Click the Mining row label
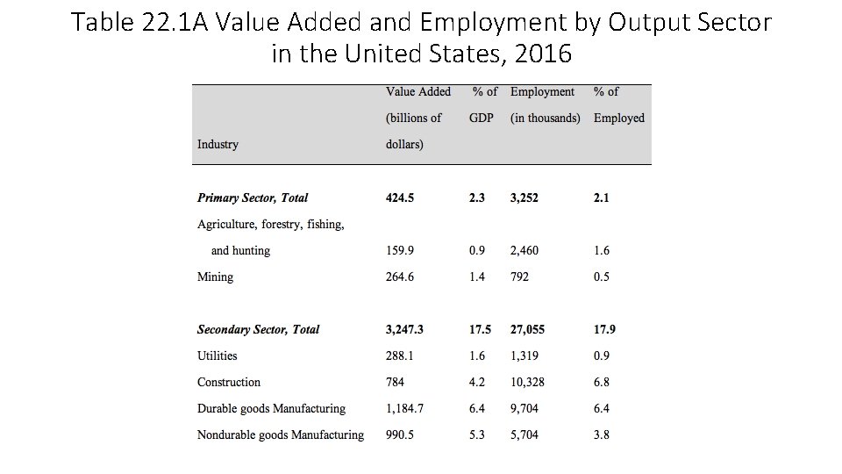215,276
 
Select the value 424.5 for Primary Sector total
400,197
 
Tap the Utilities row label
217,355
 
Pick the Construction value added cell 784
396,382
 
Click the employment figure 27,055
527,329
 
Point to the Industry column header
218,144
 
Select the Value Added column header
418,91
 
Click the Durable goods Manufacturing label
271,408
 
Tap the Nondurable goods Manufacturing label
280,434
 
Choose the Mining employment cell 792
519,276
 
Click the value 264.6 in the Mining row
400,276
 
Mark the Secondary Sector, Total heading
258,329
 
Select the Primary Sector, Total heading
253,197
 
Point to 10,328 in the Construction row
528,382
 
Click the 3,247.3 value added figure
405,329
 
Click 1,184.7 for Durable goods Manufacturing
405,408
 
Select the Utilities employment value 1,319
524,355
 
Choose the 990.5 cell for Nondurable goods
400,434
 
